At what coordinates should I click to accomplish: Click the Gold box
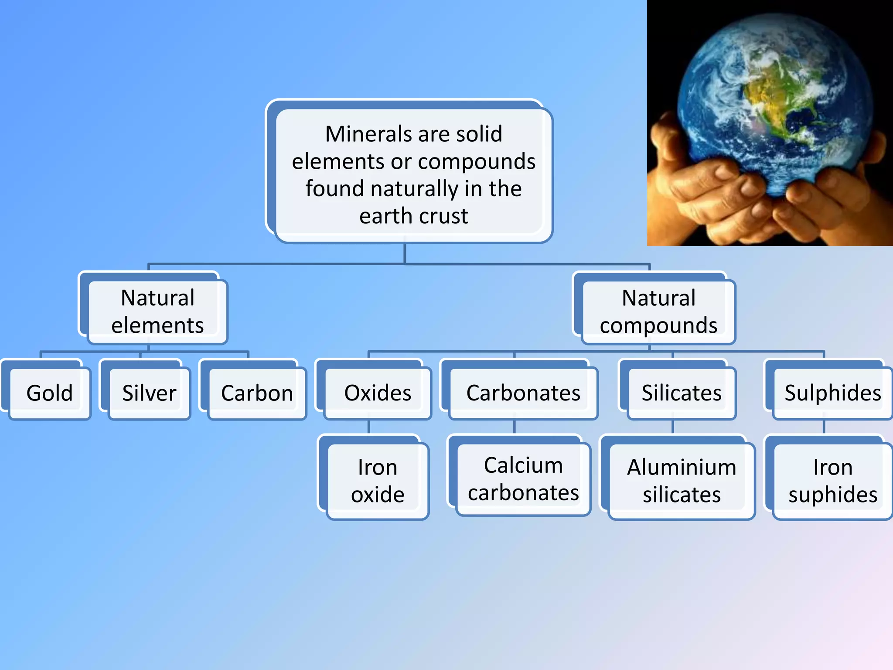(49, 393)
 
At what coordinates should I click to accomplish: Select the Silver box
(149, 393)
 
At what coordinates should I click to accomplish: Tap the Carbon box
(257, 393)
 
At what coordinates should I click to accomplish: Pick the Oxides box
(378, 393)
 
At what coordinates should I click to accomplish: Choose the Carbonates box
(523, 393)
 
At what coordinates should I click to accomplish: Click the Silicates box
(682, 393)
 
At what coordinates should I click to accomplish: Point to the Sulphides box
(832, 393)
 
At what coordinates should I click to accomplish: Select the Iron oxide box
(378, 481)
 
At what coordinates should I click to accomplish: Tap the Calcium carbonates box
(523, 479)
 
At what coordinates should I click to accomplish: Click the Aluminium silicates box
(682, 481)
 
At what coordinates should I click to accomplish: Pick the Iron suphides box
(832, 481)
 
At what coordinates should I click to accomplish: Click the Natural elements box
(157, 311)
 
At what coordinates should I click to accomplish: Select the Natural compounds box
(658, 311)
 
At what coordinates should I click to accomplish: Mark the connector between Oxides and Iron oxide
(369, 427)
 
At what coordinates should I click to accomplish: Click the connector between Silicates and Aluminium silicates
(673, 427)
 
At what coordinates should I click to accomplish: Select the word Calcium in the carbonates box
(523, 465)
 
